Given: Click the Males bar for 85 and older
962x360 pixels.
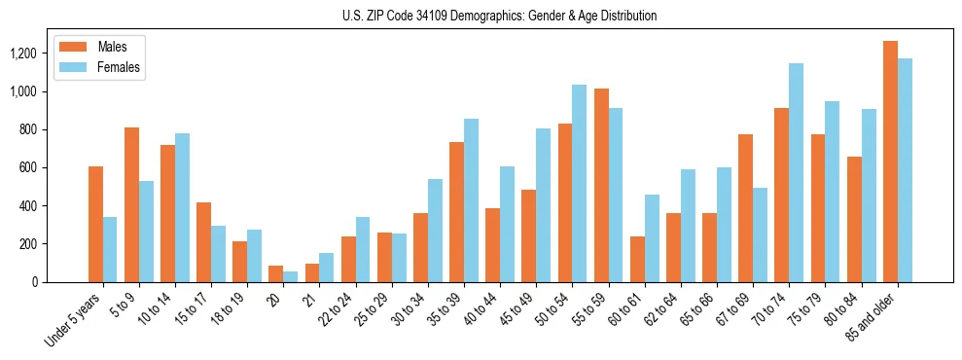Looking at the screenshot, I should pos(890,162).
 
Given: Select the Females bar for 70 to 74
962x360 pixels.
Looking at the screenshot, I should pos(796,173).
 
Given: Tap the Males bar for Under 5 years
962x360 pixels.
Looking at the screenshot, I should pos(95,225).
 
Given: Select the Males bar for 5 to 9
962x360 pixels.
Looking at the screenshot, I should pos(131,205).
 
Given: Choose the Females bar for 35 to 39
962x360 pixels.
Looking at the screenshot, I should pos(471,200).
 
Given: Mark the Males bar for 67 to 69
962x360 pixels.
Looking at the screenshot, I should pos(745,208).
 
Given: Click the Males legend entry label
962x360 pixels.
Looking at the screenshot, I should pos(113,48).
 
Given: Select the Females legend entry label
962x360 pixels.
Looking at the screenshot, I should pos(119,67).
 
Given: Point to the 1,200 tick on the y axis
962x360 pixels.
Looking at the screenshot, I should pos(23,54).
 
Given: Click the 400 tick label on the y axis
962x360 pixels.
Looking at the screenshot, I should pos(29,206).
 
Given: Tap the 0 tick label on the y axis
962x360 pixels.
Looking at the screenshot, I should pos(35,282).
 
